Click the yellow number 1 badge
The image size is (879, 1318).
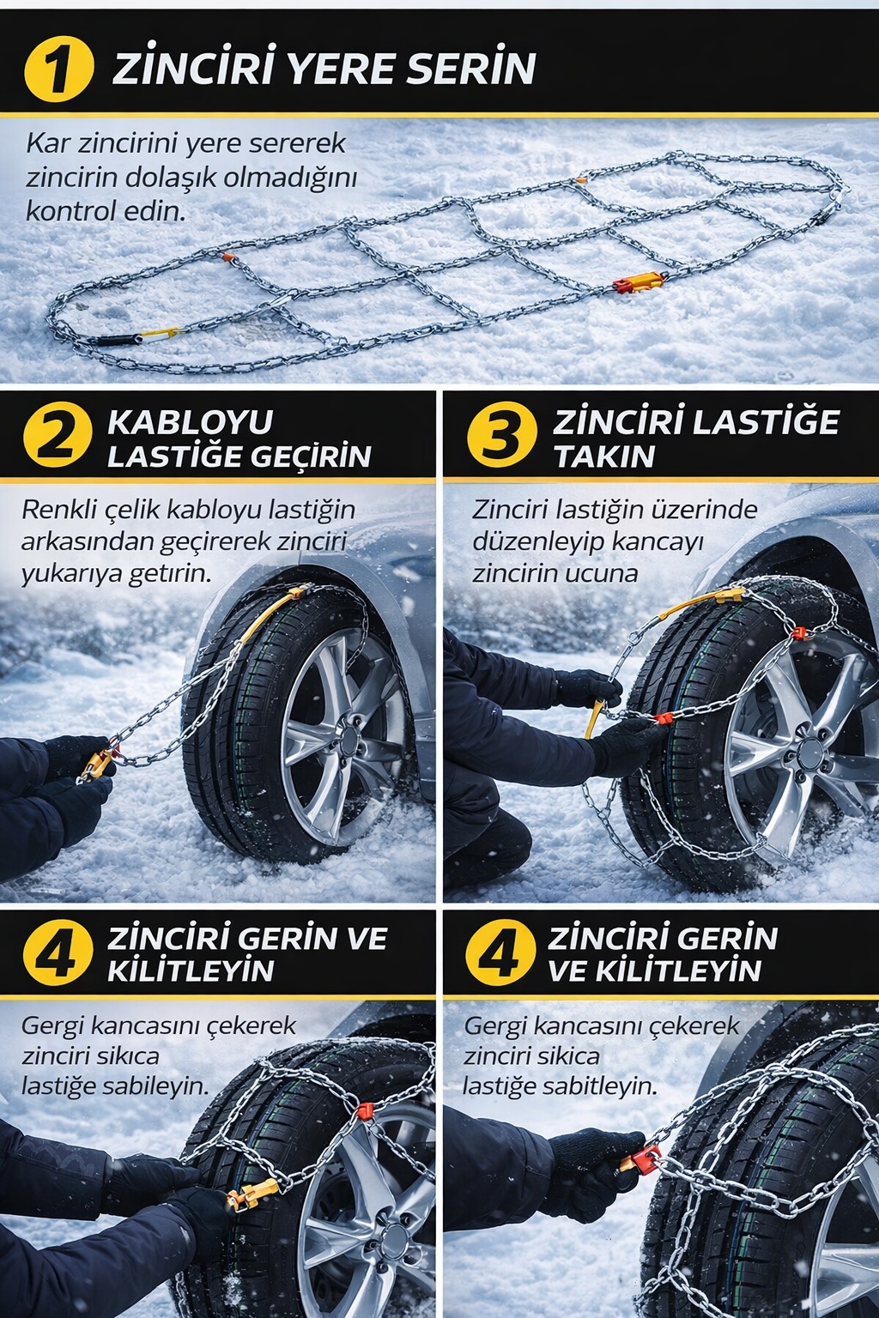tap(58, 68)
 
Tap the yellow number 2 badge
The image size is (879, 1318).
tap(57, 437)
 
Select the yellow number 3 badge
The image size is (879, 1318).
tap(501, 437)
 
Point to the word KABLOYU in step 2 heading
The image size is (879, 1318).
tap(190, 422)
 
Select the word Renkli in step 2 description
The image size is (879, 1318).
tap(60, 510)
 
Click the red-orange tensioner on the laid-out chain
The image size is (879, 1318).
tap(639, 282)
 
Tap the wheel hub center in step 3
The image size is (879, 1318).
tap(807, 753)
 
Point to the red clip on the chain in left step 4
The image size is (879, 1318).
tap(364, 1112)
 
